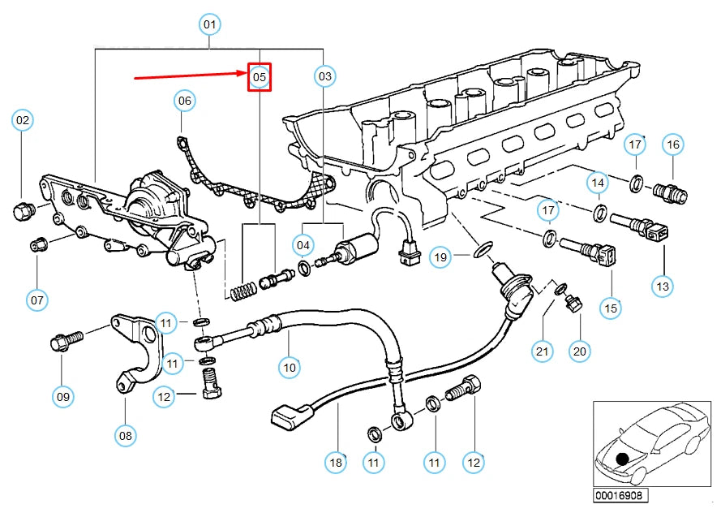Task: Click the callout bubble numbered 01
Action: (x=210, y=25)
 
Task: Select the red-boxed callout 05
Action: (x=259, y=77)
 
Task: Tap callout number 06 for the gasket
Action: (x=185, y=101)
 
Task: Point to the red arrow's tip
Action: (x=247, y=74)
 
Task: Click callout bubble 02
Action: (x=23, y=121)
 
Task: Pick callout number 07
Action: (x=37, y=300)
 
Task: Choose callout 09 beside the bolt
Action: (x=63, y=397)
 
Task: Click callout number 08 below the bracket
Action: (x=125, y=436)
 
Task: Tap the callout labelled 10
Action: (x=290, y=367)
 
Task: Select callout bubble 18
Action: (x=335, y=463)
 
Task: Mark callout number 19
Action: (x=440, y=258)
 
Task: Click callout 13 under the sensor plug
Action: (x=663, y=287)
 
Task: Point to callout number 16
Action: (x=672, y=145)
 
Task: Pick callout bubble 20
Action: (x=579, y=351)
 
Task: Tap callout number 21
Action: (x=542, y=351)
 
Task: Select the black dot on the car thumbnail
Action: (x=622, y=459)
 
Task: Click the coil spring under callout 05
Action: (x=238, y=287)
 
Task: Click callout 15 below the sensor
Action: (x=611, y=308)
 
